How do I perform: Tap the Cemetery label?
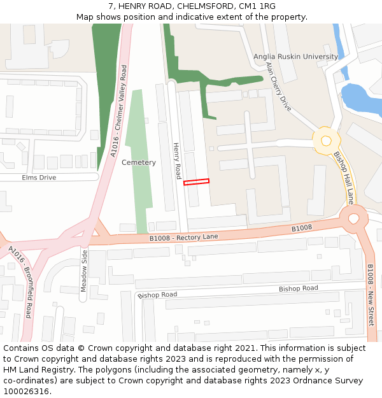pyautogui.click(x=139, y=162)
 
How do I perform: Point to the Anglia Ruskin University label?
pyautogui.click(x=296, y=57)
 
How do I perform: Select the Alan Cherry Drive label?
pyautogui.click(x=278, y=87)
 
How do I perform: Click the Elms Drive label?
pyautogui.click(x=39, y=178)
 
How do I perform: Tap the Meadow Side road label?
pyautogui.click(x=84, y=271)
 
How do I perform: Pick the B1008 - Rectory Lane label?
pyautogui.click(x=184, y=238)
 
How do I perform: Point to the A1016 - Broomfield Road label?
pyautogui.click(x=21, y=282)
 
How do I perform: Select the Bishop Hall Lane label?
pyautogui.click(x=344, y=177)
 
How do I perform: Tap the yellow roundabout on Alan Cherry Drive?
pyautogui.click(x=327, y=140)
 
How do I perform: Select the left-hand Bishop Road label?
pyautogui.click(x=157, y=295)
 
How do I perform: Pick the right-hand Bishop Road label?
pyautogui.click(x=298, y=288)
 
